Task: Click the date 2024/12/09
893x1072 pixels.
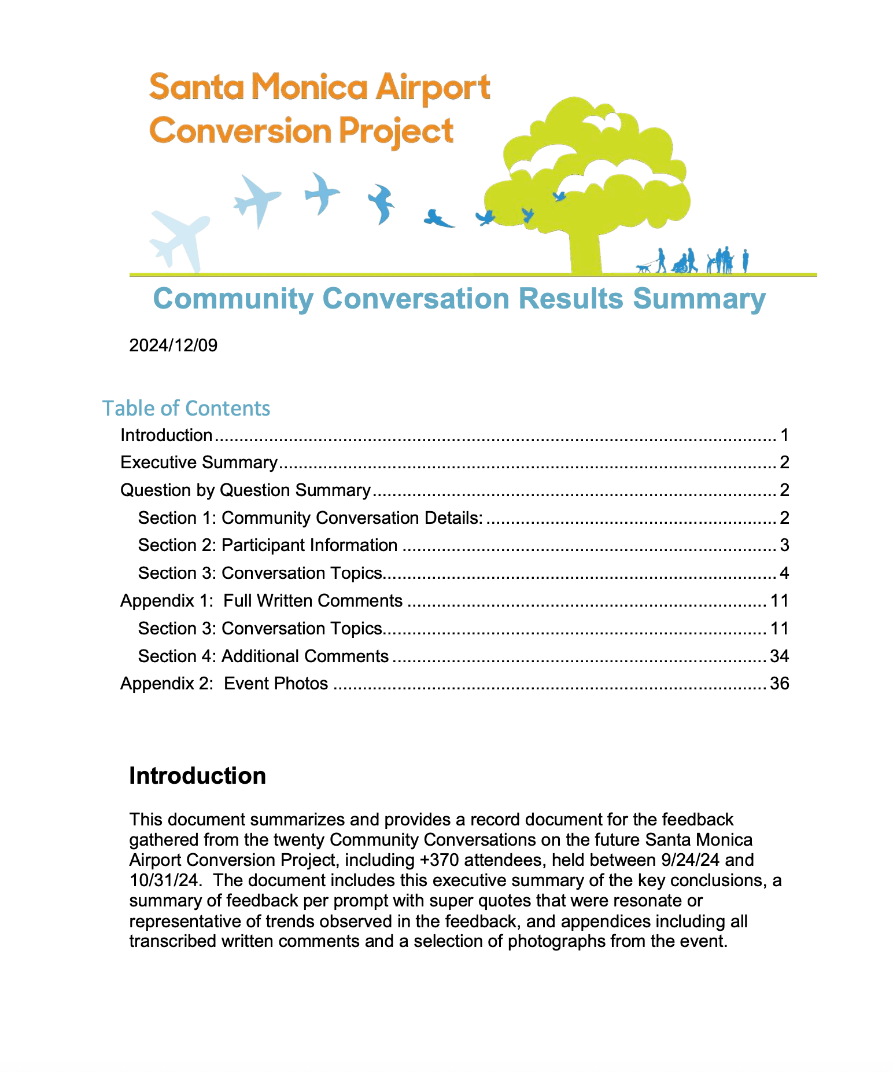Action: pyautogui.click(x=173, y=346)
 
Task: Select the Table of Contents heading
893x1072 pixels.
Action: pyautogui.click(x=186, y=408)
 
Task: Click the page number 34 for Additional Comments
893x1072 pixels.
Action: pyautogui.click(x=779, y=656)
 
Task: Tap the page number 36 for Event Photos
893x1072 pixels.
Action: pyautogui.click(x=779, y=684)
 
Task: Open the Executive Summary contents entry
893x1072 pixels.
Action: pyautogui.click(x=199, y=462)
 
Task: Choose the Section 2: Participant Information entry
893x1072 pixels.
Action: pyautogui.click(x=267, y=545)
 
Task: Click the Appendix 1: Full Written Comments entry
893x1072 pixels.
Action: pyautogui.click(x=261, y=601)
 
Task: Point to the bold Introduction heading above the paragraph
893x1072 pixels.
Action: pyautogui.click(x=197, y=776)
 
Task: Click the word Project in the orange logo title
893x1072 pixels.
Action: pyautogui.click(x=396, y=131)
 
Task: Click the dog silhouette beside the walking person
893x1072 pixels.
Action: pyautogui.click(x=643, y=269)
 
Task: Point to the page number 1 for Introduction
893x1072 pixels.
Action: pyautogui.click(x=784, y=435)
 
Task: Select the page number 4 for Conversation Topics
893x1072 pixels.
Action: pyautogui.click(x=784, y=573)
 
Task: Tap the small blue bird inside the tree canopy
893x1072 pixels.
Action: pyautogui.click(x=559, y=197)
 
